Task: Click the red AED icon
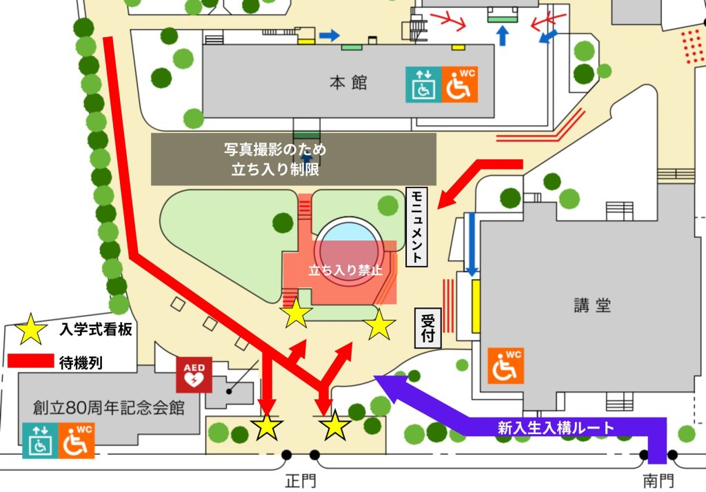coord(194,374)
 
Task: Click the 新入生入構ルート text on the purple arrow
coord(555,427)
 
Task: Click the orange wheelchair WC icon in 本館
coord(459,84)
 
